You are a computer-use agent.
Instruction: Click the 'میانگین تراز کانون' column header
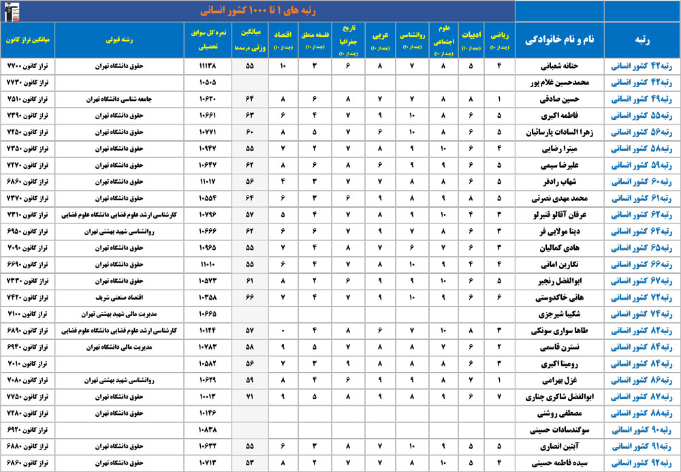click(x=27, y=40)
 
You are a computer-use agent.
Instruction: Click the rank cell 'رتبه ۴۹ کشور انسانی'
click(x=641, y=99)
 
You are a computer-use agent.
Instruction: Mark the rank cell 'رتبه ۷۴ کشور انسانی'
click(x=641, y=313)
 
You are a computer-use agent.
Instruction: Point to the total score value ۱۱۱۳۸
click(x=208, y=66)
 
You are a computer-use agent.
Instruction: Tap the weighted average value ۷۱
click(x=250, y=396)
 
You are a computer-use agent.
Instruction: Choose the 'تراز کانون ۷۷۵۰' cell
click(x=27, y=396)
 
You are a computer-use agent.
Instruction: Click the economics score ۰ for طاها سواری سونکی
click(x=283, y=330)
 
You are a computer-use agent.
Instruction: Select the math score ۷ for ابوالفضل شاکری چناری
click(x=500, y=396)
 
